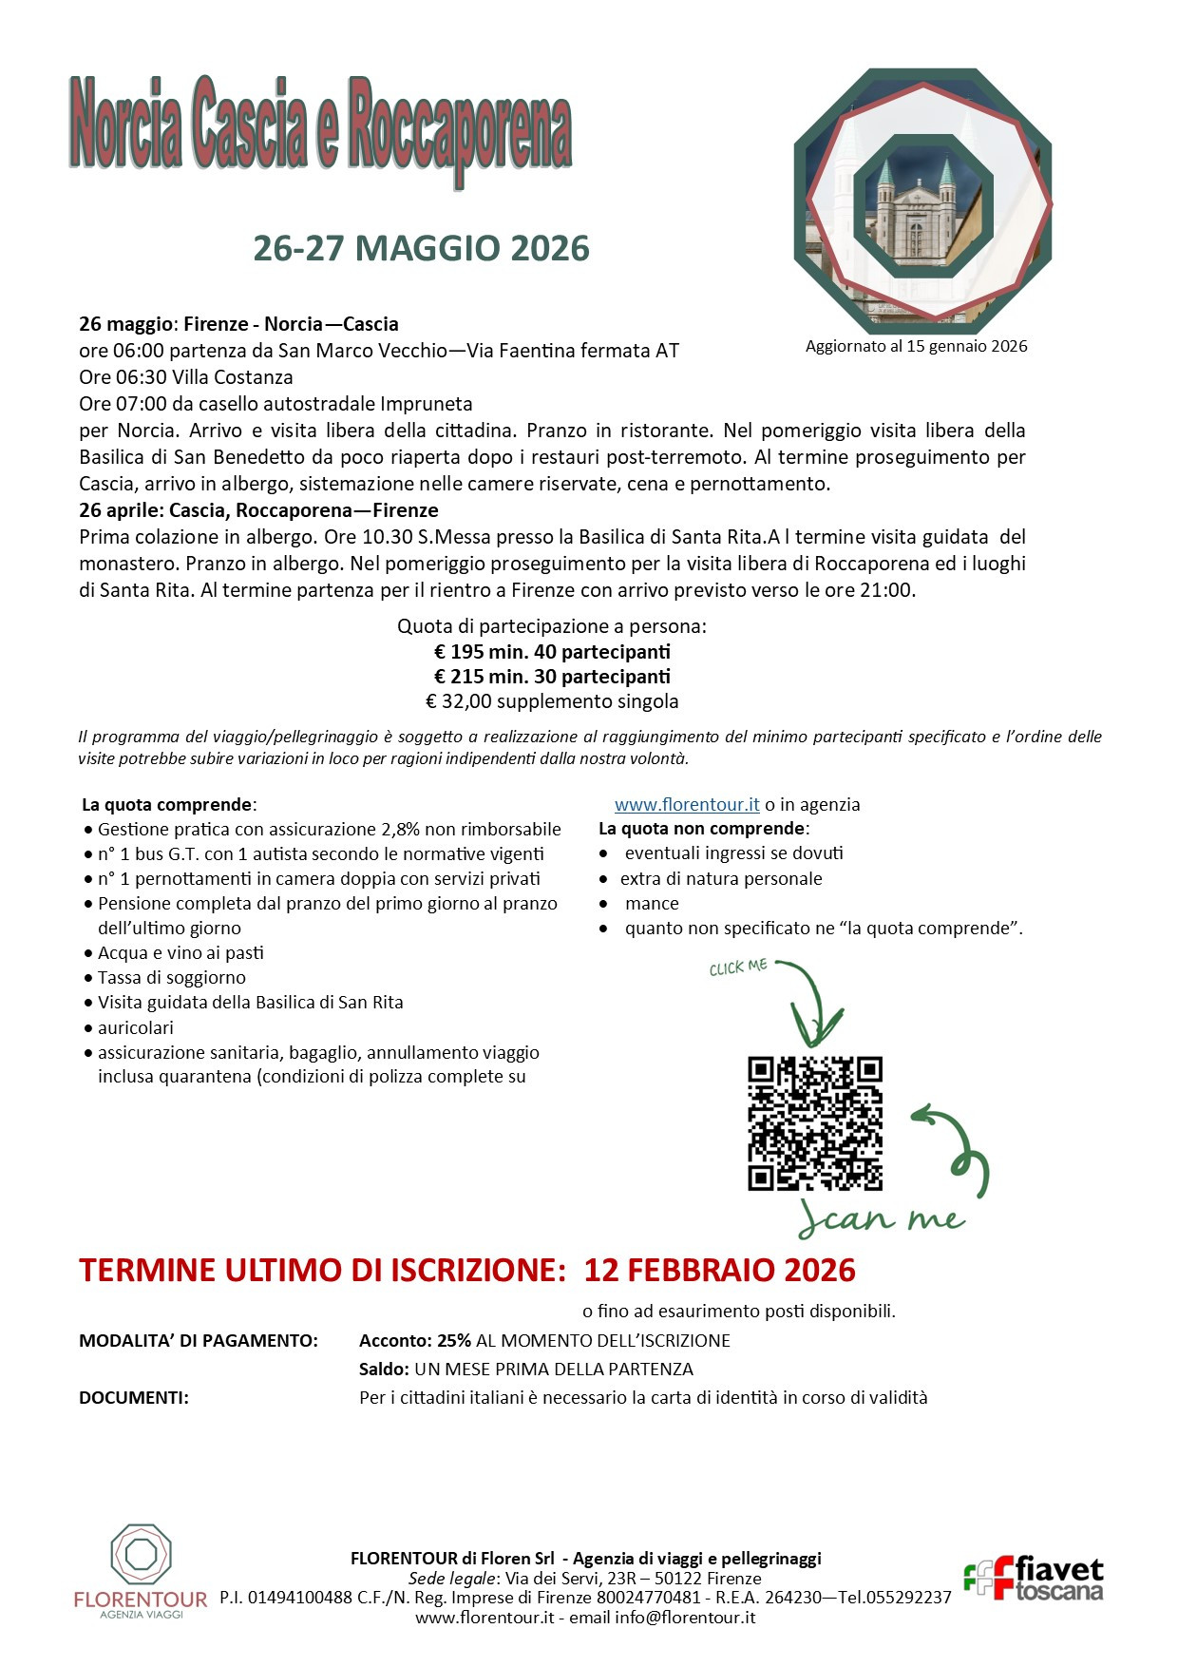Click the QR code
[814, 1122]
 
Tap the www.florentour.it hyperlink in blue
[687, 804]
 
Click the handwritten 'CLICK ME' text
[738, 968]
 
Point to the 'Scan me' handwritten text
[881, 1217]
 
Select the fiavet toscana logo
[1034, 1579]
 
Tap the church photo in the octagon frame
[922, 201]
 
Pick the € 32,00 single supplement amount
[458, 701]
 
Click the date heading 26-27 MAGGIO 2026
[421, 248]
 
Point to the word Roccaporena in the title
[460, 127]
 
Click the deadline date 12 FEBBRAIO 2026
[719, 1270]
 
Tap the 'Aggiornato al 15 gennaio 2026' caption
[916, 346]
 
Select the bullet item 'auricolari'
[136, 1027]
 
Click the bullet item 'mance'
[652, 903]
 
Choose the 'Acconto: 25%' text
[415, 1341]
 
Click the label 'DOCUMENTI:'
[134, 1397]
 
